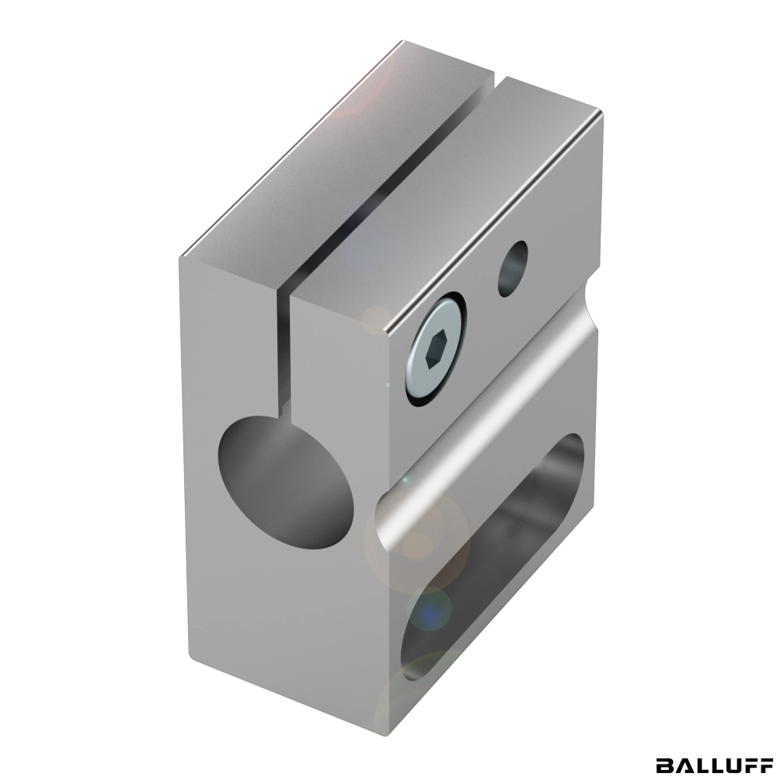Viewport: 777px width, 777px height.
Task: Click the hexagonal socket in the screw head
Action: tap(436, 350)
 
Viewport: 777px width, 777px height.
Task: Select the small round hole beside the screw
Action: tap(512, 269)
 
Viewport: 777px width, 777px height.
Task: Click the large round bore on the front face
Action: tap(285, 483)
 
